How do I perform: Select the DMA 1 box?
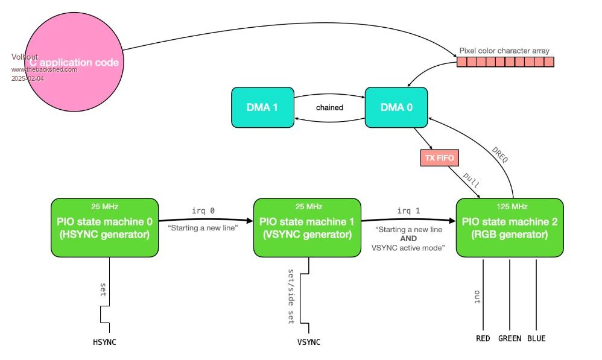point(262,107)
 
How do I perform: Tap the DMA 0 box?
point(396,107)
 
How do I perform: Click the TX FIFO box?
point(439,158)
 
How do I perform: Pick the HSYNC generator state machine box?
point(104,227)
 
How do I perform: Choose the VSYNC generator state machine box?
point(307,227)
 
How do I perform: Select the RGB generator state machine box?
point(510,227)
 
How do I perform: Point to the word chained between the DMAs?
point(329,107)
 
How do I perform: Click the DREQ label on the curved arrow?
point(500,155)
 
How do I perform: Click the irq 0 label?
point(203,210)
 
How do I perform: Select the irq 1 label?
point(408,210)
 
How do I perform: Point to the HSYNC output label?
point(104,342)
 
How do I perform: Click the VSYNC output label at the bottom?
point(309,342)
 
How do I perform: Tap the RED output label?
point(483,338)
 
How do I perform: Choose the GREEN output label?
point(510,338)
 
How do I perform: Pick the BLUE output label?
point(536,338)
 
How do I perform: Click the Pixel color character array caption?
point(504,51)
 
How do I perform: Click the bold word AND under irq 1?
point(408,238)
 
